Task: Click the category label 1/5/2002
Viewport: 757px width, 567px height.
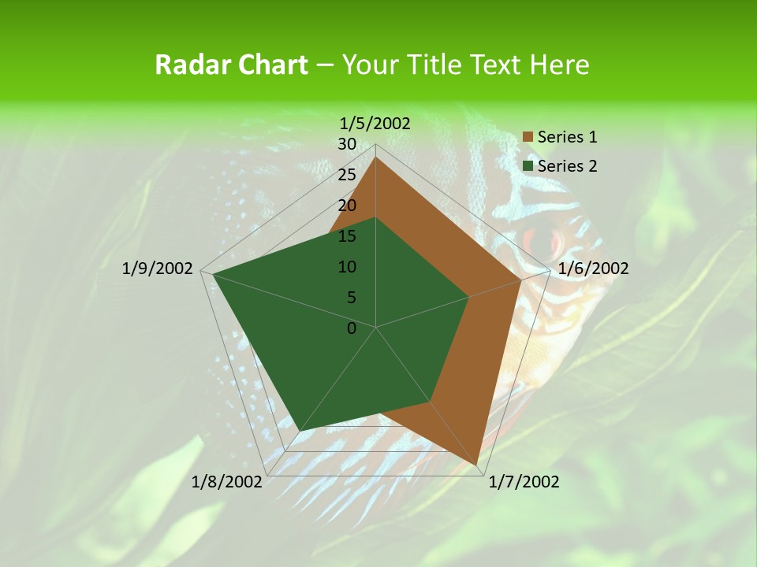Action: tap(375, 123)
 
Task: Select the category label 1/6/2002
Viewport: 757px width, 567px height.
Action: tap(593, 269)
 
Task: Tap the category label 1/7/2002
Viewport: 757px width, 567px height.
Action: tap(524, 482)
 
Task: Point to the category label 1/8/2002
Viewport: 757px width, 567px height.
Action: tap(227, 482)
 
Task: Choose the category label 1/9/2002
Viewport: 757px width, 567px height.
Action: tap(158, 269)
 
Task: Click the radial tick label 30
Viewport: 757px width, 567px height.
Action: tap(347, 144)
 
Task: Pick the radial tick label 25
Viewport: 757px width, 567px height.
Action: tap(347, 175)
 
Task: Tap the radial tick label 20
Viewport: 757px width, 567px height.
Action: tap(347, 206)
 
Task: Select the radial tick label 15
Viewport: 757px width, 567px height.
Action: tap(347, 236)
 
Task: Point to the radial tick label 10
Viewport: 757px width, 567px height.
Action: tap(347, 267)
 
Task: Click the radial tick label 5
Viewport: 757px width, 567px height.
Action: tap(351, 298)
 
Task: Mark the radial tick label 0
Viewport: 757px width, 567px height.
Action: tap(352, 328)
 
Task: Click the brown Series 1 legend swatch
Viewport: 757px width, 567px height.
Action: tap(528, 137)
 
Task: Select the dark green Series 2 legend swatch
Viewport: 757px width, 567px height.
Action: tap(528, 166)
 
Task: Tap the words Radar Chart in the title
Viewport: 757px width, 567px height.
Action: tap(231, 65)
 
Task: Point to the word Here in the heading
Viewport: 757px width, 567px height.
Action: tap(560, 65)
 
